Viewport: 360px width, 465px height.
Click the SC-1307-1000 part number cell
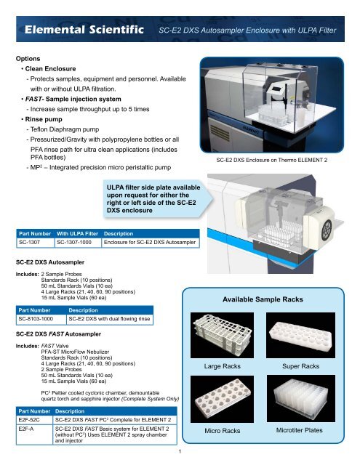coord(77,241)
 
